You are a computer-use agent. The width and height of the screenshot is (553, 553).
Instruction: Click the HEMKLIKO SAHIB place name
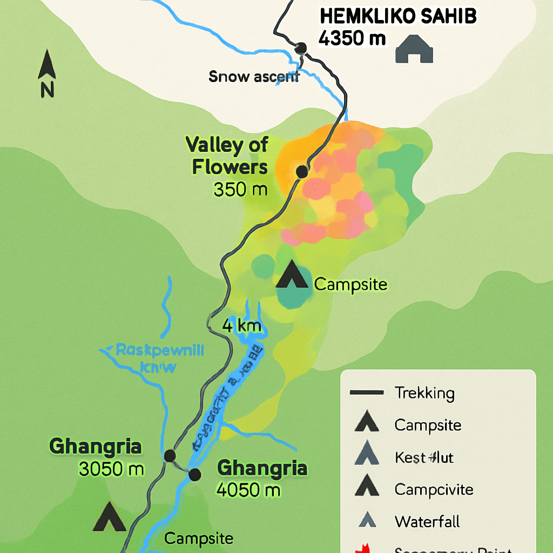coord(398,17)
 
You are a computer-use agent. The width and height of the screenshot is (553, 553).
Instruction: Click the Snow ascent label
coord(253,77)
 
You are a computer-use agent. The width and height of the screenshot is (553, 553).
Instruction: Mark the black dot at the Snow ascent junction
coord(301,48)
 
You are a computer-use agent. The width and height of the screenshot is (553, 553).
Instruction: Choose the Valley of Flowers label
coord(227,156)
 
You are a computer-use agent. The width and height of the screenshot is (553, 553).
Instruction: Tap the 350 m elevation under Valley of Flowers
coord(240,190)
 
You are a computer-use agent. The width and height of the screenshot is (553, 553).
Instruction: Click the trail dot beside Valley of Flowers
coord(301,172)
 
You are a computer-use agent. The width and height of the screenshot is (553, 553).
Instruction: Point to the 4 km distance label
coord(242,326)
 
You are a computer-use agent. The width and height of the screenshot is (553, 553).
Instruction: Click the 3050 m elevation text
coord(111,469)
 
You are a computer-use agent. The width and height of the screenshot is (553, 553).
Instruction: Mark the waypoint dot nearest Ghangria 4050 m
coord(194,474)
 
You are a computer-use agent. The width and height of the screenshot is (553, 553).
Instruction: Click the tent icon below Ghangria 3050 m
coord(110,517)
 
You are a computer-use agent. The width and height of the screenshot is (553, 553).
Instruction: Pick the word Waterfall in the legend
coord(427,522)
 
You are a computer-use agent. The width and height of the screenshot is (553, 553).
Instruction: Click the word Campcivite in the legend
coord(434,489)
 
